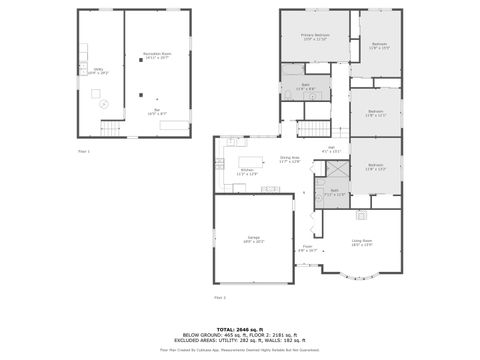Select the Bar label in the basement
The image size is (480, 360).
point(157,113)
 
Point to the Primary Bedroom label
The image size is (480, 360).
point(314,38)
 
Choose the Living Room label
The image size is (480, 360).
point(361,241)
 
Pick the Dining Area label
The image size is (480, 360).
point(290,159)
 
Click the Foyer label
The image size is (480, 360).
point(308,248)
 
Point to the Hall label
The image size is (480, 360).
point(334,151)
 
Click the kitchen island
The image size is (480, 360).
point(249,158)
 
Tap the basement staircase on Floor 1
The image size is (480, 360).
point(110,129)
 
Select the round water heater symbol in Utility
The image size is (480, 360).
point(102,104)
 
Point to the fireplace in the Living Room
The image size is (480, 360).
point(361,214)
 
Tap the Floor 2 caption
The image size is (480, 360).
point(219,298)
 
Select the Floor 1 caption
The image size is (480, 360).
point(84,151)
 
